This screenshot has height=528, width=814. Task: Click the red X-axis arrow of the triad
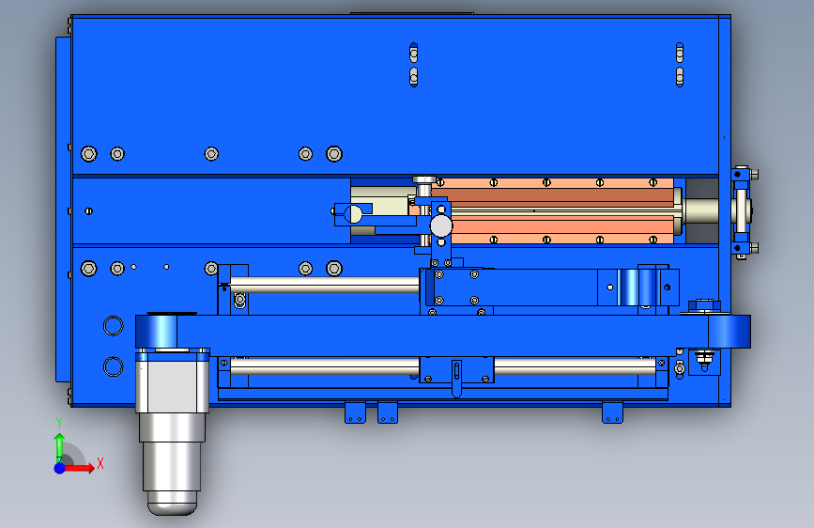click(x=78, y=468)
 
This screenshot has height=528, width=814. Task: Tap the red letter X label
click(x=100, y=463)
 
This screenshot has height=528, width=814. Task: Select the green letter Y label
click(x=59, y=423)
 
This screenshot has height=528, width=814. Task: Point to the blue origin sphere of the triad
click(x=60, y=468)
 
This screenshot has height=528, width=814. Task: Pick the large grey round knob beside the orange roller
click(x=441, y=226)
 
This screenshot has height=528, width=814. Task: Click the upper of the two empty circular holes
click(x=114, y=326)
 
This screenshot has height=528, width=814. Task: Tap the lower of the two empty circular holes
click(x=114, y=366)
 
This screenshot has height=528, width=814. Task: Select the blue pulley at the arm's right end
click(x=730, y=332)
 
